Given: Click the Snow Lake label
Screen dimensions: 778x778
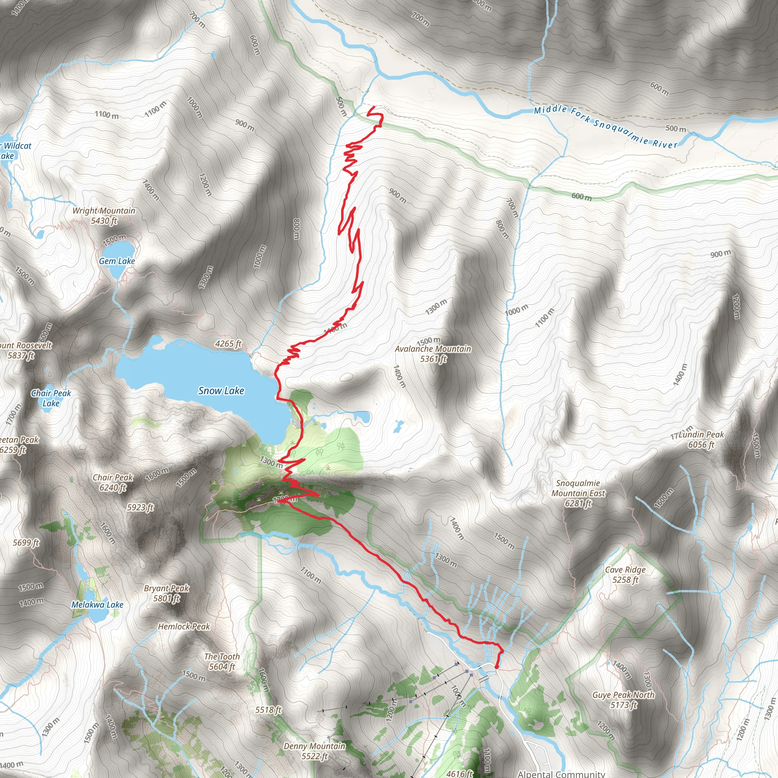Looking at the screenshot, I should [x=221, y=391].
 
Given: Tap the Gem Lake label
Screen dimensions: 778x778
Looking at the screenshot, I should [x=117, y=261].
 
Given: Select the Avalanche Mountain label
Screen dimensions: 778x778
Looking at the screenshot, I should [x=433, y=354].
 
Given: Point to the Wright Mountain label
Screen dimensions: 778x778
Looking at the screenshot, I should [x=104, y=215].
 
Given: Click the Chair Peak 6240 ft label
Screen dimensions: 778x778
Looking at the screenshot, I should [x=113, y=482].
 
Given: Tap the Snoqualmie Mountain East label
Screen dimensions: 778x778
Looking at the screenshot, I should [x=578, y=493].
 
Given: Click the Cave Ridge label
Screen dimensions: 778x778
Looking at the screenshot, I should [x=625, y=575].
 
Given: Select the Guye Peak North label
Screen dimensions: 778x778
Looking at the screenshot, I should [x=623, y=699].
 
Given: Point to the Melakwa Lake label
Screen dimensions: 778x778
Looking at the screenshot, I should [x=98, y=604].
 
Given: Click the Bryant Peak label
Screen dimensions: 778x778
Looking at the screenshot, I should [x=166, y=593].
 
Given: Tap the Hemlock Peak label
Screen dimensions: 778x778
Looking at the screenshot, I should [x=184, y=626].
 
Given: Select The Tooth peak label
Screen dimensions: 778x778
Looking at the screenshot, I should [x=222, y=662].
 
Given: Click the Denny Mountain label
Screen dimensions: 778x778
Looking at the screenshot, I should [x=315, y=751].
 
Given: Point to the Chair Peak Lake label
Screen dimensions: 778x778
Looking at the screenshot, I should [x=51, y=398].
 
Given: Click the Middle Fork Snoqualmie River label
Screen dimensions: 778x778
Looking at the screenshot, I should [x=606, y=127].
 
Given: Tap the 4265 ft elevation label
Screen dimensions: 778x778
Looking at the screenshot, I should [x=228, y=343].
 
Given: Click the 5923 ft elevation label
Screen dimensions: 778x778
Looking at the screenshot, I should [x=140, y=508].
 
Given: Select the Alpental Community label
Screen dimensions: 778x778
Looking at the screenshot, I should [x=561, y=774].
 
